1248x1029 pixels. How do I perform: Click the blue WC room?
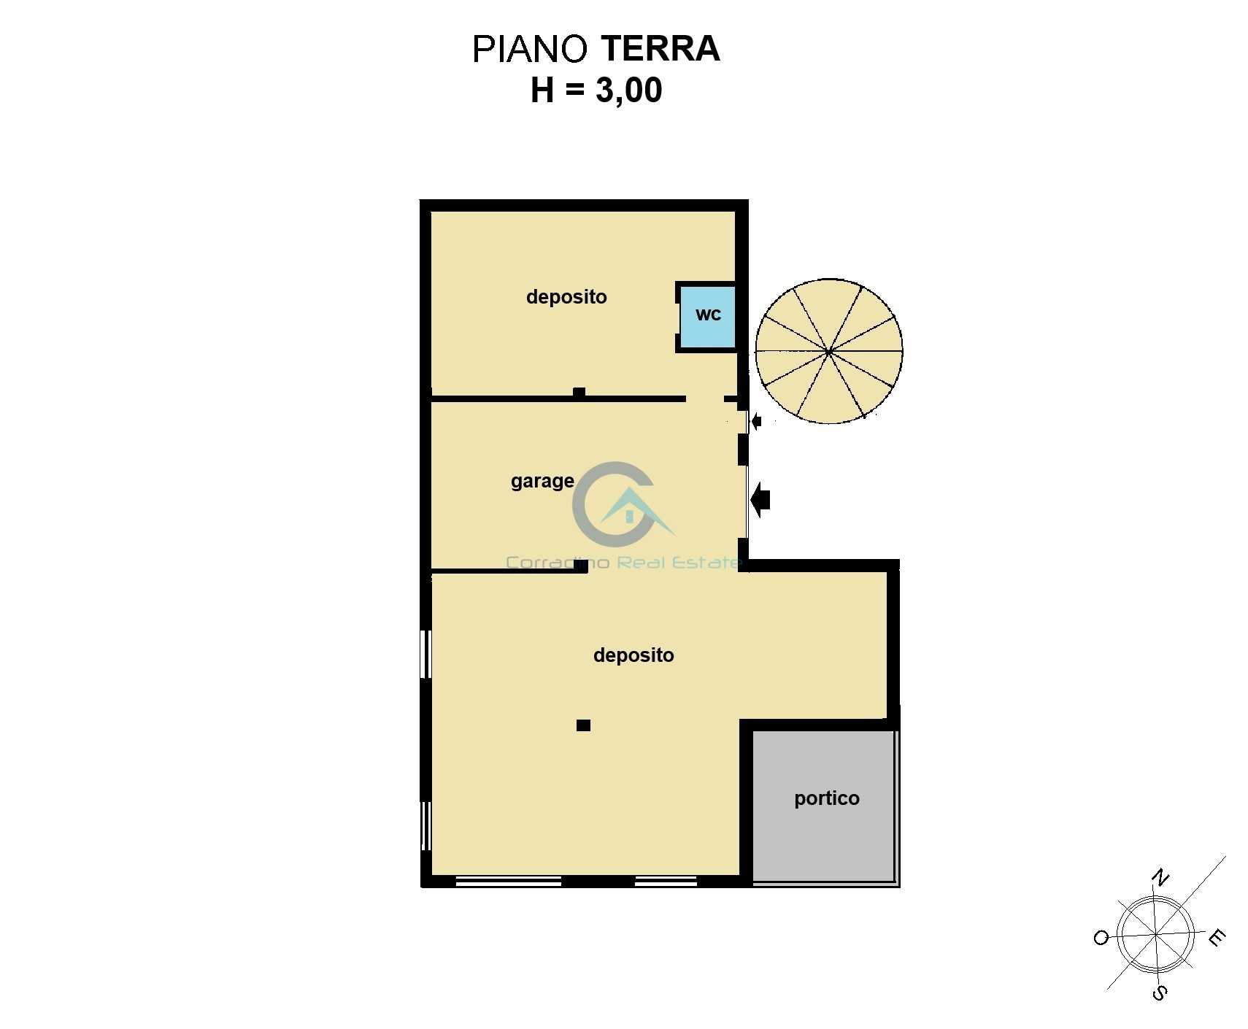(707, 316)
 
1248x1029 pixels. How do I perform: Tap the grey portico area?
(823, 805)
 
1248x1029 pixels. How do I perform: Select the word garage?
(542, 482)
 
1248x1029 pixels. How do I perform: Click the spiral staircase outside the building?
(829, 351)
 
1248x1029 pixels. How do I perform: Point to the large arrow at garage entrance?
(760, 500)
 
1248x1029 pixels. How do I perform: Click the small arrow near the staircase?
(756, 421)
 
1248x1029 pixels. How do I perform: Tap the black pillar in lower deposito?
(583, 725)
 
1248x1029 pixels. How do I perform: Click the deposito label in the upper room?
(566, 298)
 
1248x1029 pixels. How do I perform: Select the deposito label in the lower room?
(633, 655)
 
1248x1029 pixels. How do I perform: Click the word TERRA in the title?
(660, 49)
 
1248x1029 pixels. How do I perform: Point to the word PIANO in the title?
(530, 49)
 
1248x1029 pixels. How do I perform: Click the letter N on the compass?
(1160, 877)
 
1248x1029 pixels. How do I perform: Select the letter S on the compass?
(1159, 993)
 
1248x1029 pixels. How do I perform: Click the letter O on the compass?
(1101, 938)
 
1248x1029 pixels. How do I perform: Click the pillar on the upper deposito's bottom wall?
(579, 393)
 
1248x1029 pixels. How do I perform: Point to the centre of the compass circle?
(1157, 935)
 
